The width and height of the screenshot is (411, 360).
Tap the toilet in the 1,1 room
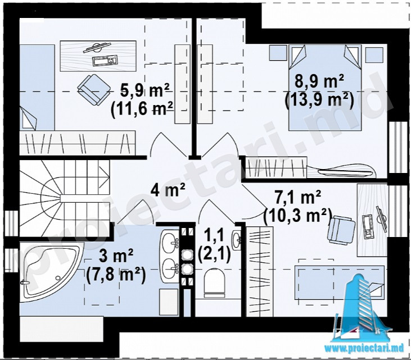click(214, 282)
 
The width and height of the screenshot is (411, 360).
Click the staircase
click(64, 198)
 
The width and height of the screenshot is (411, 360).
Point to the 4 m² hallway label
click(168, 190)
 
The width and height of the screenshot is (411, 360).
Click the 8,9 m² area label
click(319, 81)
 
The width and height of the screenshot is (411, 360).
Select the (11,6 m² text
click(142, 108)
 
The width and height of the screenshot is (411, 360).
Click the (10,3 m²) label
click(297, 216)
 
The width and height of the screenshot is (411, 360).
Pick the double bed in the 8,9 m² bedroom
click(325, 87)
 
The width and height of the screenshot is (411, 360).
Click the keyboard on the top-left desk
click(105, 61)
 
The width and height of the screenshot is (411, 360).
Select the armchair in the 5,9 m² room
click(94, 89)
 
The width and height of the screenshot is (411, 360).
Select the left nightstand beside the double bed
click(278, 53)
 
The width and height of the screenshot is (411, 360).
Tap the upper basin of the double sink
click(170, 243)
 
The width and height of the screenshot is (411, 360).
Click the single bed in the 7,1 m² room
click(340, 282)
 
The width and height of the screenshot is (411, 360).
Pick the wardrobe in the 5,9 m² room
click(78, 143)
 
